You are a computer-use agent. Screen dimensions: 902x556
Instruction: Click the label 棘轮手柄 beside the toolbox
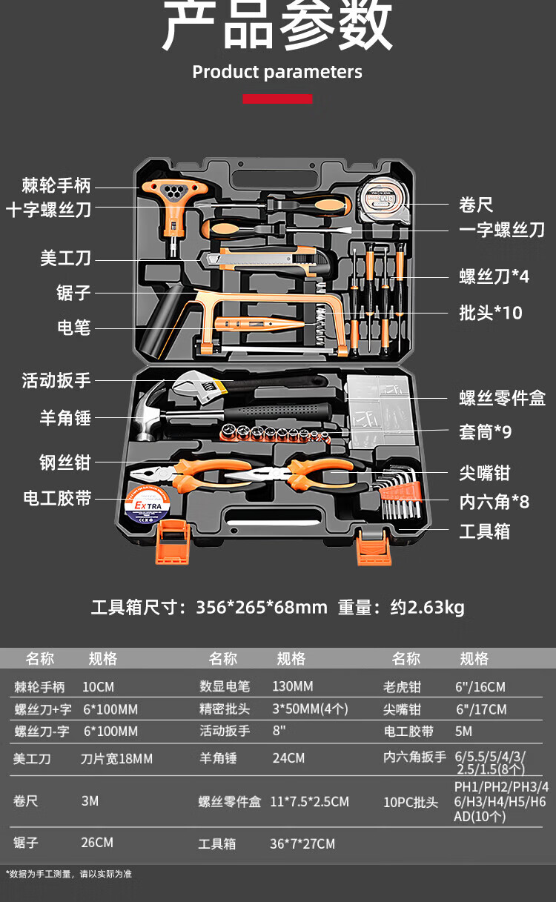(x=56, y=185)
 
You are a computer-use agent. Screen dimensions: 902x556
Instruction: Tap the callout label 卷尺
(x=476, y=205)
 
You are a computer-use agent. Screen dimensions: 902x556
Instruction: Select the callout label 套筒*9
(x=485, y=431)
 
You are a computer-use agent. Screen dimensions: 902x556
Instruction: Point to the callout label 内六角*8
(x=494, y=502)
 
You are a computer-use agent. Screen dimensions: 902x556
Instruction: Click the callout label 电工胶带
(x=57, y=498)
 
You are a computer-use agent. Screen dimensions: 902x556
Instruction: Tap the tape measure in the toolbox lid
(x=383, y=199)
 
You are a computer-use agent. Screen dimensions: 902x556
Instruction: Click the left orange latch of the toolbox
(x=172, y=541)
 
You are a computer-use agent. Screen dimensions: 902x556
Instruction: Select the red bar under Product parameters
(x=277, y=99)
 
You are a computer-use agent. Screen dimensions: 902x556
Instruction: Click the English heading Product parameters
(x=277, y=72)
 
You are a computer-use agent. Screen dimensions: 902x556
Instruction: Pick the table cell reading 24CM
(x=288, y=758)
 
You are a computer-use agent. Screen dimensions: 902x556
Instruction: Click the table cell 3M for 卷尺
(x=90, y=801)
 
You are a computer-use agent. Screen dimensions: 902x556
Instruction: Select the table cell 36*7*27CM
(x=302, y=843)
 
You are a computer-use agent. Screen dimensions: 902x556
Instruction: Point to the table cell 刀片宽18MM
(x=116, y=758)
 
